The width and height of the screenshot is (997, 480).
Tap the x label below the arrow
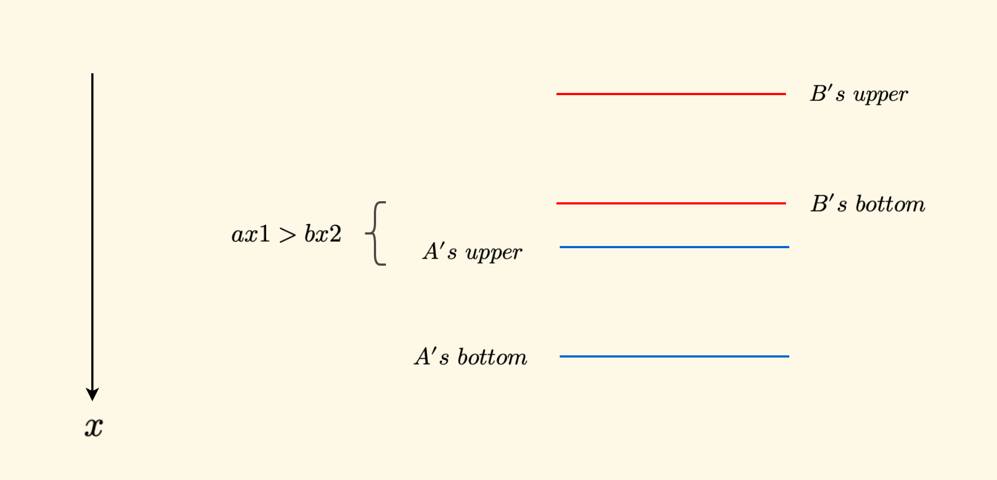pos(93,426)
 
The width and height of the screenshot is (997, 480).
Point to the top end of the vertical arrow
pos(92,75)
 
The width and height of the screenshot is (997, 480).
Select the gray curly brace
pos(377,233)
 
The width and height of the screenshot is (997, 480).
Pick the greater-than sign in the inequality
pos(287,235)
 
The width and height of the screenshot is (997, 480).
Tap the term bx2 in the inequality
pos(322,235)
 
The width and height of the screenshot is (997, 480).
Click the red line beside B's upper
pos(671,94)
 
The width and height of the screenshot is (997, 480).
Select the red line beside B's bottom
pos(671,203)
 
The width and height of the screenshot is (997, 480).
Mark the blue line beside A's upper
pos(674,247)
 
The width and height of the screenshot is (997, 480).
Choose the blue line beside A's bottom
pos(674,356)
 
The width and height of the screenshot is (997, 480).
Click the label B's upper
pos(859,95)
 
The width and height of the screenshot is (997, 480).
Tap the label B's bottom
pos(867,204)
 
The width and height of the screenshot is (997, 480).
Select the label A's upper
pos(472,252)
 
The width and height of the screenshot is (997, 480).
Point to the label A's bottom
pos(471,357)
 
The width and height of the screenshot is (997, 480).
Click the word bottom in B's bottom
pos(890,204)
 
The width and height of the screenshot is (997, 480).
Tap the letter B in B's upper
pos(818,93)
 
